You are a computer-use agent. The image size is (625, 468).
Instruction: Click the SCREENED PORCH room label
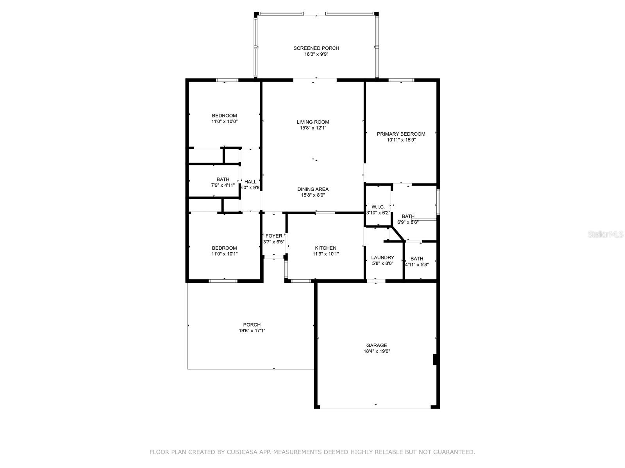point(316,48)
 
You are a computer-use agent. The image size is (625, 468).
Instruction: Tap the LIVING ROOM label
point(312,122)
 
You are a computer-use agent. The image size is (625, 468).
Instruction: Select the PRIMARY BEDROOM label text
point(401,134)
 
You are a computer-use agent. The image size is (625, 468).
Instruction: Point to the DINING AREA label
point(313,189)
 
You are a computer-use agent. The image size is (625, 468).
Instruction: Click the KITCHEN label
point(325,248)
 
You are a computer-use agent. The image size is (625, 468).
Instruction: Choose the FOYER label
point(274,236)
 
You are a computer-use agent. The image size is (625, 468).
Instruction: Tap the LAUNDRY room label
point(382,257)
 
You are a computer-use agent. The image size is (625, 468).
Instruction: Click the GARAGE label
point(377,345)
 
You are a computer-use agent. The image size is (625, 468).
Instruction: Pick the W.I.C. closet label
point(378,207)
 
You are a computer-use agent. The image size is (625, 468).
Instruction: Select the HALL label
point(250,182)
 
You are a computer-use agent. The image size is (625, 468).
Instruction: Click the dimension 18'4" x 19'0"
point(377,351)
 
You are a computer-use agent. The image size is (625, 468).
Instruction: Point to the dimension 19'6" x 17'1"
point(252,330)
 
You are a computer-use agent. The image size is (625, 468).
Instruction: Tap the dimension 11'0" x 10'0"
point(224,121)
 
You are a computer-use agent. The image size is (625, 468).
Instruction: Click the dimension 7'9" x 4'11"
point(223,185)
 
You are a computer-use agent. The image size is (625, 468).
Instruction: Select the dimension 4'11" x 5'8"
point(416,264)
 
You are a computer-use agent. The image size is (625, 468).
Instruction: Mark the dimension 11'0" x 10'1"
point(224,254)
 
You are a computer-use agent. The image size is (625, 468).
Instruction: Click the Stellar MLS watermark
point(605,234)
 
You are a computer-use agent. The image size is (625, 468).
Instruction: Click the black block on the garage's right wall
point(435,359)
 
